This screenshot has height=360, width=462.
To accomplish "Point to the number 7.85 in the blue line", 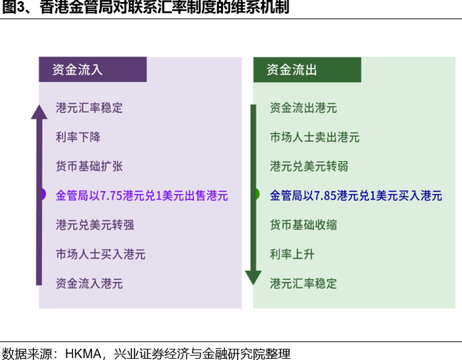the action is pos(337,196).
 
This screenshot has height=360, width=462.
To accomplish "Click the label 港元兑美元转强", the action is pos(95,225).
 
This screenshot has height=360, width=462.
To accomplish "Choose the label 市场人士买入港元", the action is pos(101,254).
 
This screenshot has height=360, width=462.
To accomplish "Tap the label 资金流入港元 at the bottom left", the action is pos(90,283).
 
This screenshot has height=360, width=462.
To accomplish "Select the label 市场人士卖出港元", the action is pos(315,137).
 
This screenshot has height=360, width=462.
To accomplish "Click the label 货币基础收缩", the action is pos(304,225).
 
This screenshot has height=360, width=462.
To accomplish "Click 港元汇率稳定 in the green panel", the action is pos(304,283).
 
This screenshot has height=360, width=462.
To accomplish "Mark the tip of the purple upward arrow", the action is pos(39,102).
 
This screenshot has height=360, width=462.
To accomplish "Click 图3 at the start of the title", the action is pos(13,9).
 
